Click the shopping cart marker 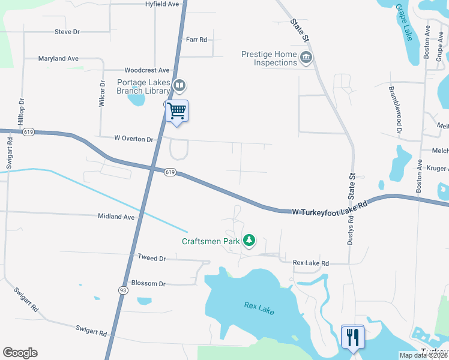[177, 111]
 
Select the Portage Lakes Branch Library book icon [179, 86]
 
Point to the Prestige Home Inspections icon [306, 58]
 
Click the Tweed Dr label [151, 257]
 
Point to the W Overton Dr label [134, 139]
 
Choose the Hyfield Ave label [162, 4]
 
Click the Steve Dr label [67, 32]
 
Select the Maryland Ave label [58, 59]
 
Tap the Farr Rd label [196, 40]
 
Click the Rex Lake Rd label [311, 263]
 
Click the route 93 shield [122, 290]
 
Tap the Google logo [20, 353]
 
